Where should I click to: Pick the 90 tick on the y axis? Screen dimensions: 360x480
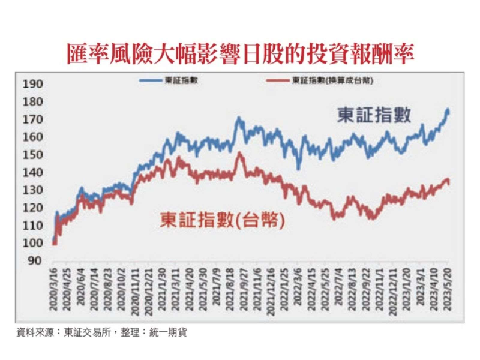34,260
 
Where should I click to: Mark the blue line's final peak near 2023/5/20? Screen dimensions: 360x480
448,110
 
